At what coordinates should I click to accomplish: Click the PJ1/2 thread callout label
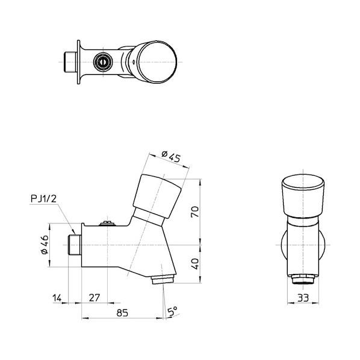(43, 199)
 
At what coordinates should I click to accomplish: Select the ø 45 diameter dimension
(171, 156)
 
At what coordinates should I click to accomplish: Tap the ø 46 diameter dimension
(45, 244)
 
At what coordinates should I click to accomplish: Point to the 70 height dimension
(195, 211)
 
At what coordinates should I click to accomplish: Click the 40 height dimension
(195, 264)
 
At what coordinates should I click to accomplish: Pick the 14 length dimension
(57, 298)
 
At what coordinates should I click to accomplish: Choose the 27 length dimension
(95, 298)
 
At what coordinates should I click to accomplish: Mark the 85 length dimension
(122, 312)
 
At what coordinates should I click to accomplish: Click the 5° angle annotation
(173, 311)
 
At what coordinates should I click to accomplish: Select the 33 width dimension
(303, 298)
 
